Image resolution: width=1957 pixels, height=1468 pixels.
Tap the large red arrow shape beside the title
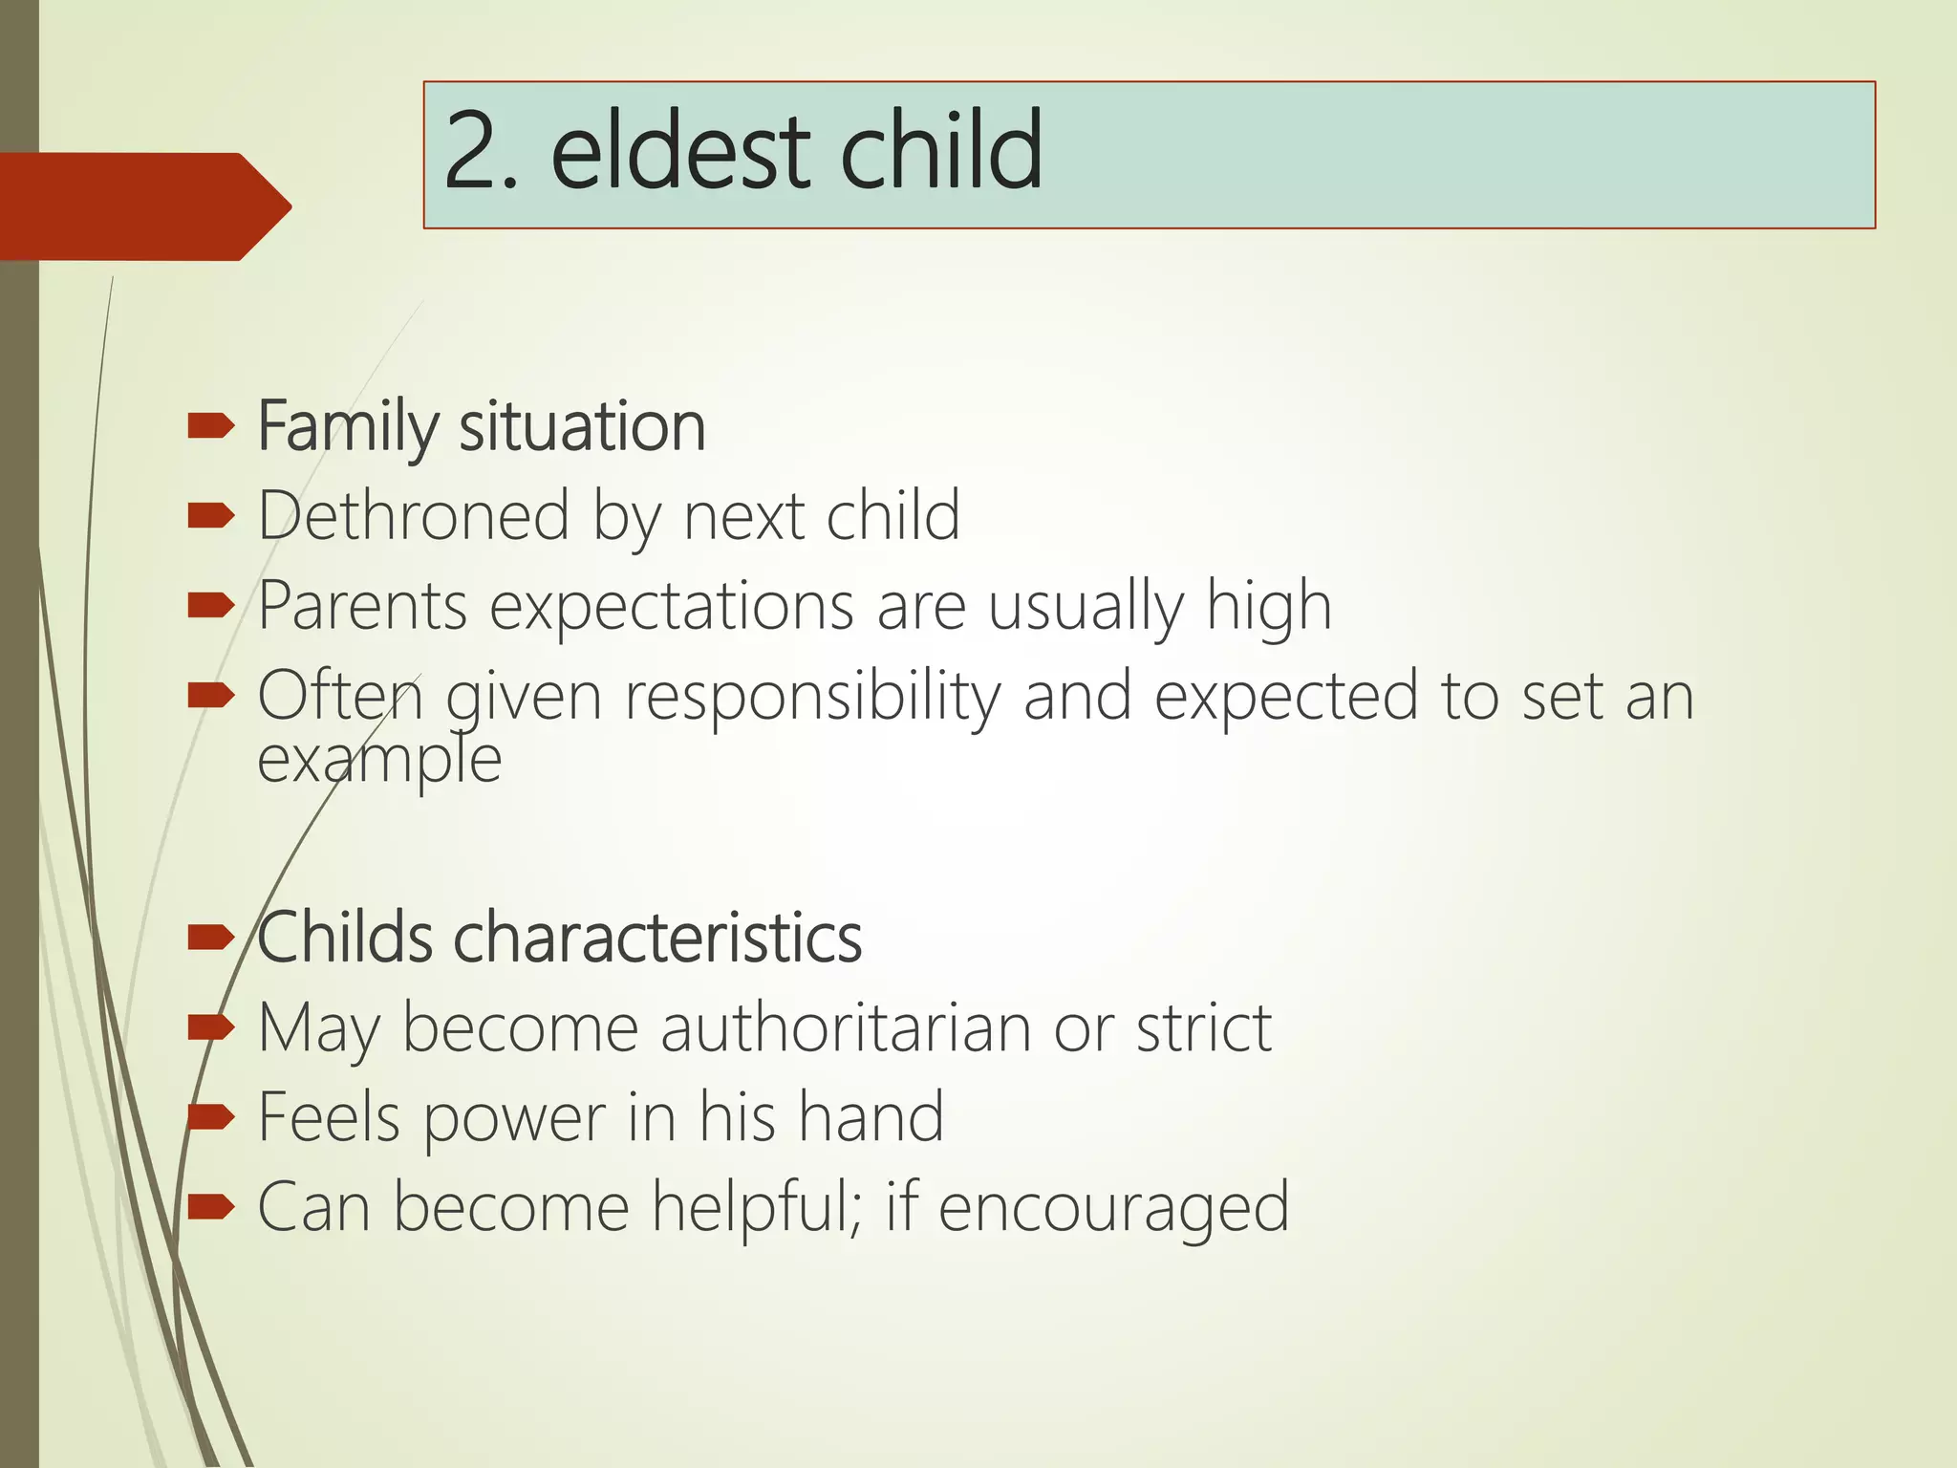[x=143, y=206]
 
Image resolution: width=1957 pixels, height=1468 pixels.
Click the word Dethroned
[x=414, y=516]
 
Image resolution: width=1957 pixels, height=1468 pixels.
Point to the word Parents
[x=362, y=606]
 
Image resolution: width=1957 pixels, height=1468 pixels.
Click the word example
[x=379, y=761]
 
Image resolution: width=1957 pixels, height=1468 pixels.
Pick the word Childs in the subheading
[x=345, y=938]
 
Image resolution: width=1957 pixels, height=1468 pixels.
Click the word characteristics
[x=657, y=938]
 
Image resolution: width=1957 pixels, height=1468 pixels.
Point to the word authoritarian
[x=846, y=1028]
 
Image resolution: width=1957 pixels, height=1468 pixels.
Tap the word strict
[x=1203, y=1028]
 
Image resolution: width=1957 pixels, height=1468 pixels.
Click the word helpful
[x=756, y=1207]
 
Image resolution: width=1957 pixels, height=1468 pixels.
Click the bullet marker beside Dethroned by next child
[x=210, y=517]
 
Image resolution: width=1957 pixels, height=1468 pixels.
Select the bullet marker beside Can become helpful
[x=210, y=1207]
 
